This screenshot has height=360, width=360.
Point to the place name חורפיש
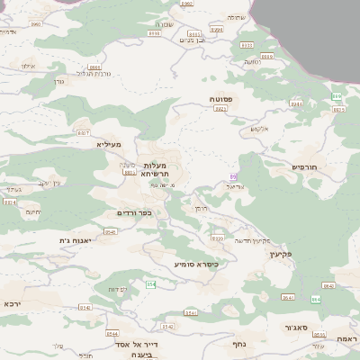click(x=307, y=166)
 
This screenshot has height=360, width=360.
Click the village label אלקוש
click(x=258, y=129)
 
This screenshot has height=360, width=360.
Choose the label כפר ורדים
click(x=134, y=213)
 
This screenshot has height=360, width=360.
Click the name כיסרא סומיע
click(x=196, y=265)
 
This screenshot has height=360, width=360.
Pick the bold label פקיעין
click(x=307, y=254)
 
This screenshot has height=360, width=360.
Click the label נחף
click(x=239, y=343)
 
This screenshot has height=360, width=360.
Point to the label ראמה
click(x=346, y=337)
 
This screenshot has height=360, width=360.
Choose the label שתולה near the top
click(x=235, y=17)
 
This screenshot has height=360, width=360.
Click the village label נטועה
click(x=252, y=61)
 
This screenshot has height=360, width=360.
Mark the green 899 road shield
click(x=337, y=96)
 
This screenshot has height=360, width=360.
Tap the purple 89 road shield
click(x=233, y=175)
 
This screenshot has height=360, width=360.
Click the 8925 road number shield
click(x=339, y=109)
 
